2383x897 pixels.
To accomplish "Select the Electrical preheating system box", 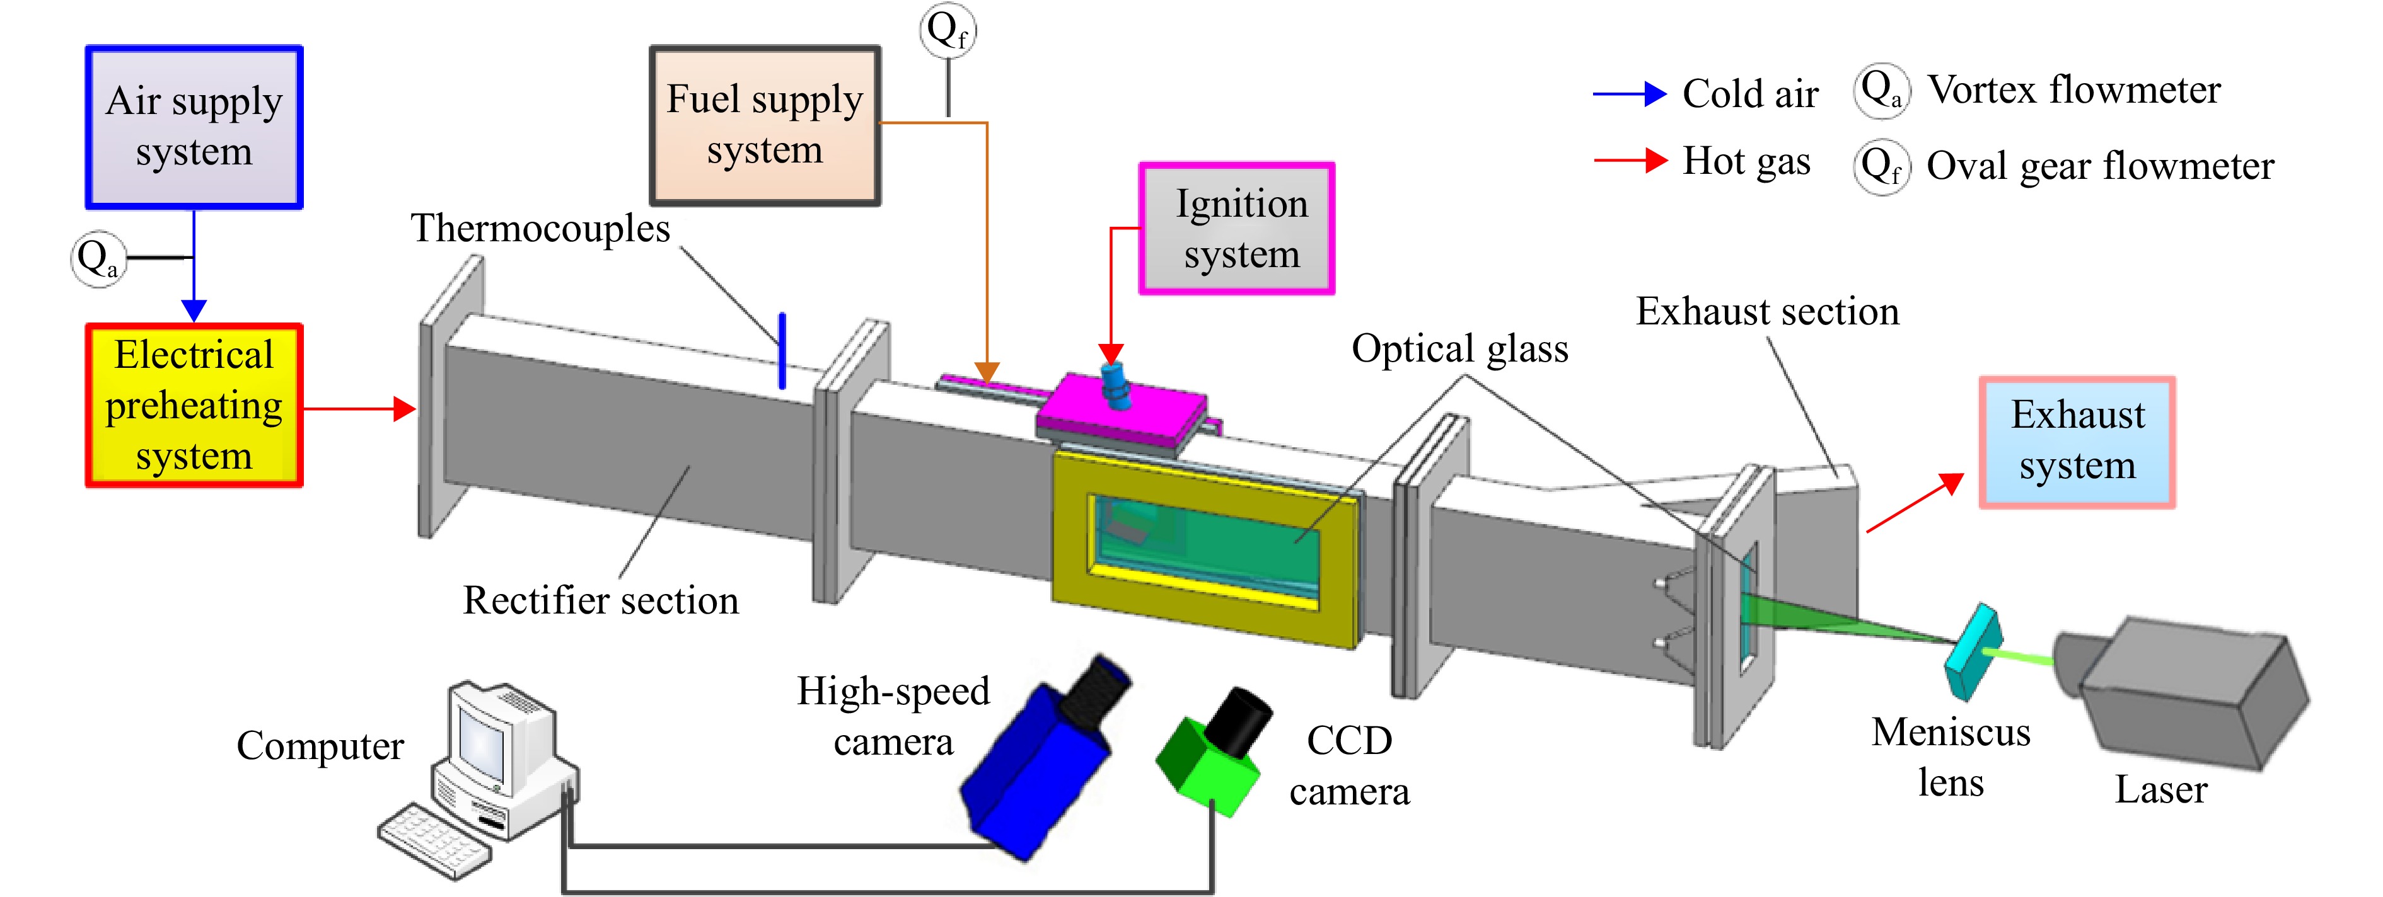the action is pyautogui.click(x=194, y=405).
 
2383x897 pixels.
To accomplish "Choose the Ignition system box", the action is pyautogui.click(x=1237, y=229).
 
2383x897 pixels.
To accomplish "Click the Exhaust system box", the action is pyautogui.click(x=2077, y=442).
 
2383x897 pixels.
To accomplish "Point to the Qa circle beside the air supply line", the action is pyautogui.click(x=98, y=259).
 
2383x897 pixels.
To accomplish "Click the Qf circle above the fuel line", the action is pyautogui.click(x=948, y=30).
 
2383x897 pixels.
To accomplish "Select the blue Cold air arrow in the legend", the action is pyautogui.click(x=1630, y=93).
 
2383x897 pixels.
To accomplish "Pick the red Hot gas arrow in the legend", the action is pyautogui.click(x=1630, y=161).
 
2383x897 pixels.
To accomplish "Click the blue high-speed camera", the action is pyautogui.click(x=1045, y=758).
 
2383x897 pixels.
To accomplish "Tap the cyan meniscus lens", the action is pyautogui.click(x=1973, y=653).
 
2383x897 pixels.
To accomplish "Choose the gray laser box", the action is pyautogui.click(x=2183, y=694).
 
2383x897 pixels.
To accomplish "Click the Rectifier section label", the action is pyautogui.click(x=601, y=600).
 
